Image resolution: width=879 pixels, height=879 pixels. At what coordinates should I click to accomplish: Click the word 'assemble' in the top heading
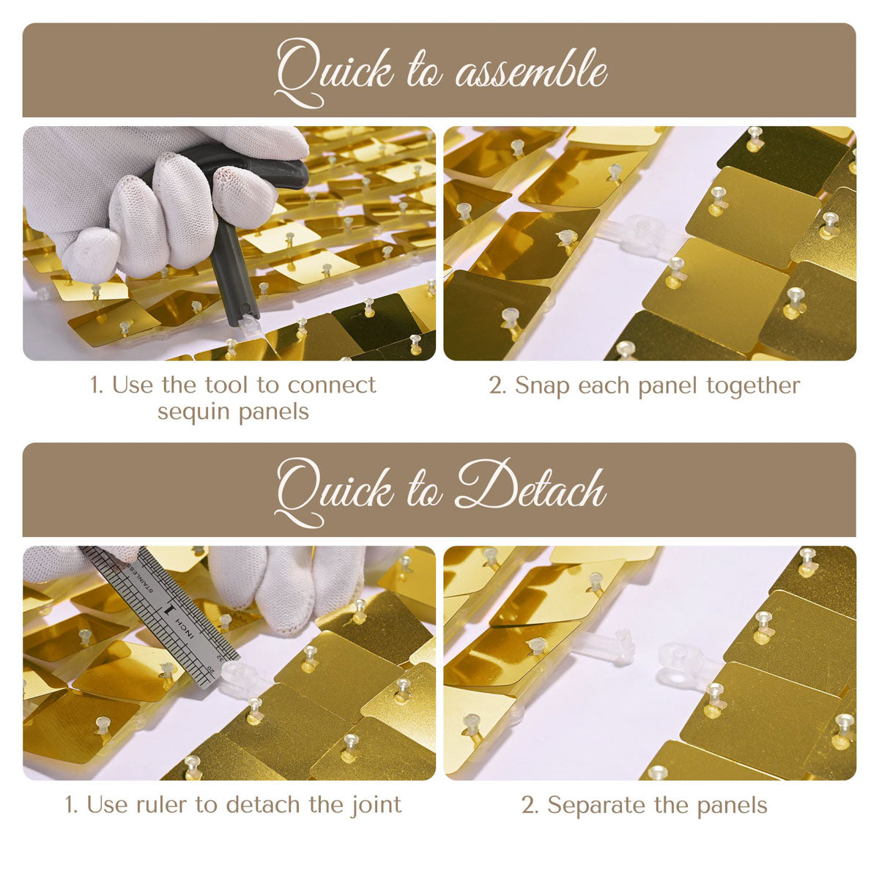coord(531,70)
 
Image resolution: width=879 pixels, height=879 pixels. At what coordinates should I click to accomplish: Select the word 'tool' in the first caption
coord(226,385)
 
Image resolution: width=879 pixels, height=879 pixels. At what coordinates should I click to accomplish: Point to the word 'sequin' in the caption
coord(194,412)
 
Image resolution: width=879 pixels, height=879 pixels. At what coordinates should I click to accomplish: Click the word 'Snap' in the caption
coord(542,386)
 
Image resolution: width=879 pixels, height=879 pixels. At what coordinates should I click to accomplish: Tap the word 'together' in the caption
coord(753,386)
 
